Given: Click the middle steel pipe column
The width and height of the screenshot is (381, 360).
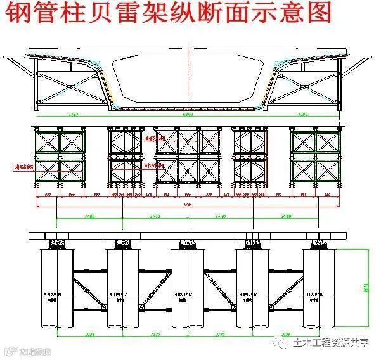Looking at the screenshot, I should (188, 288).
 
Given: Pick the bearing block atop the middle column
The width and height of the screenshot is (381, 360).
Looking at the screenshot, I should (188, 243).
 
